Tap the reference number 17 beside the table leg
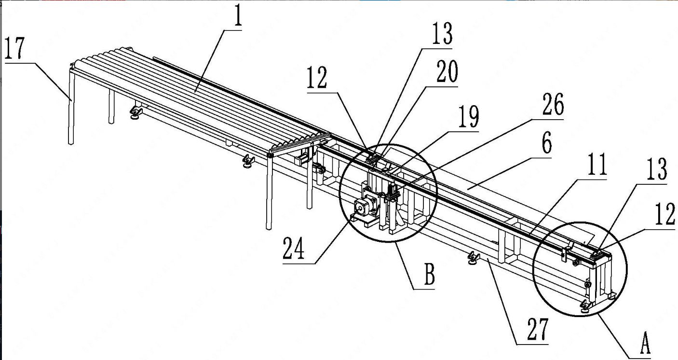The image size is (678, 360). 14,48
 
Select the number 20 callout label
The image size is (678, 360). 447,71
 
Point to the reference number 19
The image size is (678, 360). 469,117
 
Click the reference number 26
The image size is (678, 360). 553,104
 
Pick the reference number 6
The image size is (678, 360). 547,143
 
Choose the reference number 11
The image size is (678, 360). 597,164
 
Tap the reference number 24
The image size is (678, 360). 294,248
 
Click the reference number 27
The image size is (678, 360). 538,329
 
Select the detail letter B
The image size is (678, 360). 430,274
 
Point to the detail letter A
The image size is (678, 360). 645,343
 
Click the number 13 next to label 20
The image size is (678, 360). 442,33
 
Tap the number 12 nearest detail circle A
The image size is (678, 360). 665,214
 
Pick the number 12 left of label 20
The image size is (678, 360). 317,77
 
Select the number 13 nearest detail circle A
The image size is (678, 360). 657,169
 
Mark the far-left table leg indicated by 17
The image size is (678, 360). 71,107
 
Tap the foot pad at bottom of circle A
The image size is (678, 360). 585,306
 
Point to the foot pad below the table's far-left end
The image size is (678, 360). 136,112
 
